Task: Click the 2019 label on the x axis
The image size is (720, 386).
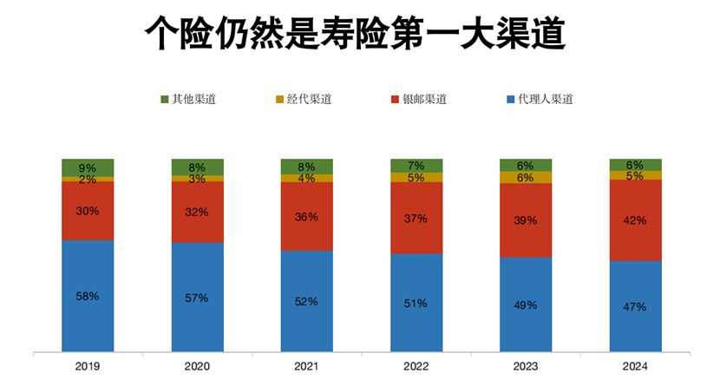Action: [x=88, y=366]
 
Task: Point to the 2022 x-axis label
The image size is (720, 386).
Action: [x=416, y=366]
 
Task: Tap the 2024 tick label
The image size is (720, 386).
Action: [x=635, y=366]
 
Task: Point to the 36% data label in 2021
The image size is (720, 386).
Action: [x=307, y=218]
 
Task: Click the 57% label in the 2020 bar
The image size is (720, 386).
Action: [x=197, y=298]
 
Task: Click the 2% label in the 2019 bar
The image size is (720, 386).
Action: [x=88, y=180]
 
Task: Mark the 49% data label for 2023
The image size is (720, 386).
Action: [x=526, y=305]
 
